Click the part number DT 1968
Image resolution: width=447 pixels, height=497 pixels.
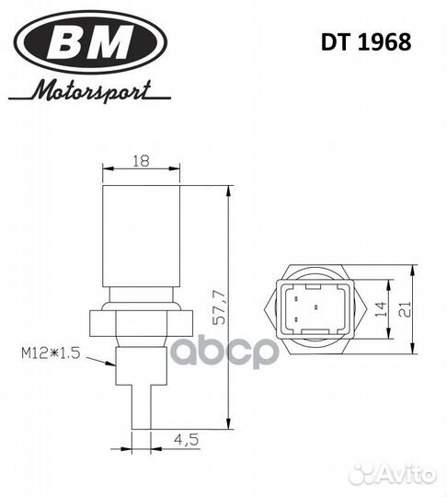(366, 42)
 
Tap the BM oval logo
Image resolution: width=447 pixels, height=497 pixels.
(90, 41)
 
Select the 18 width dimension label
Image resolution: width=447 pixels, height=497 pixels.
(141, 161)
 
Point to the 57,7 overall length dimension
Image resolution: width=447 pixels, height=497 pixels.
(220, 307)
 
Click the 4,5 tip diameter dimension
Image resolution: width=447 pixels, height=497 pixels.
(187, 439)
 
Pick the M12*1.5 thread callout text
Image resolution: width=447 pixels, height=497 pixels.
(51, 353)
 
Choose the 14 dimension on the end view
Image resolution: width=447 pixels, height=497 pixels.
(381, 309)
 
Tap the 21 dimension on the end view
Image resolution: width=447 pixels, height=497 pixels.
(405, 309)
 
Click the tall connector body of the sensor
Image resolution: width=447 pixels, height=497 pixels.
(142, 236)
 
